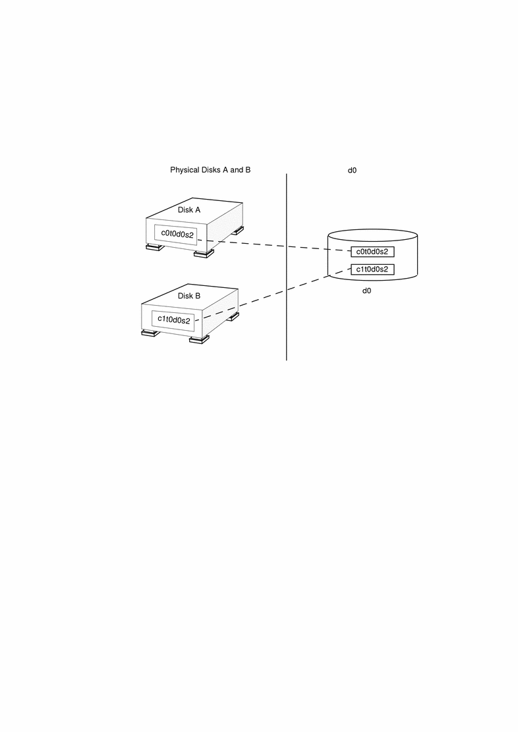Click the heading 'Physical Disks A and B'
pyautogui.click(x=210, y=170)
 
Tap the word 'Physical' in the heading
pyautogui.click(x=185, y=170)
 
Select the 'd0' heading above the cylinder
pyautogui.click(x=353, y=170)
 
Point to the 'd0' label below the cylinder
pyautogui.click(x=368, y=291)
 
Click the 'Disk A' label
pyautogui.click(x=189, y=210)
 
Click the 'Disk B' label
pyautogui.click(x=189, y=296)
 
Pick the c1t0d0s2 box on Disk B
pyautogui.click(x=173, y=320)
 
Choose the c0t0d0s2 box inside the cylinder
pyautogui.click(x=372, y=252)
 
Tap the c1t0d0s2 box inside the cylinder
pyautogui.click(x=372, y=269)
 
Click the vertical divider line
pyautogui.click(x=287, y=296)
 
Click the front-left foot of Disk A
pyautogui.click(x=155, y=248)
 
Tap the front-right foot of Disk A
pyautogui.click(x=204, y=254)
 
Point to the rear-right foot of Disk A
pyautogui.click(x=236, y=230)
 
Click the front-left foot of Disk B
pyautogui.click(x=150, y=333)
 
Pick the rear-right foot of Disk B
pyautogui.click(x=232, y=316)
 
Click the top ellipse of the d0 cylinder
pyautogui.click(x=372, y=235)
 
